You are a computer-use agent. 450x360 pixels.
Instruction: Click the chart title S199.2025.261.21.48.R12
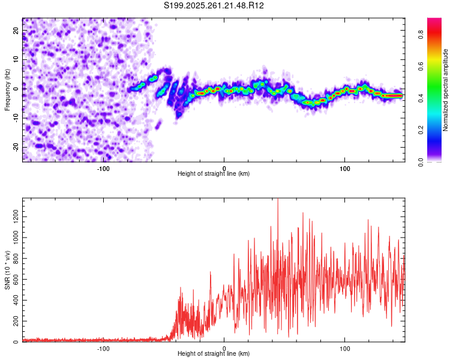(x=214, y=5)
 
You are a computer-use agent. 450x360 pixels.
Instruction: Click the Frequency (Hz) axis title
(x=7, y=89)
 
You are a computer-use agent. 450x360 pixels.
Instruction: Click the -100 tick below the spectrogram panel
(x=103, y=168)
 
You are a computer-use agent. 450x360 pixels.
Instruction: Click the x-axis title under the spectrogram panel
(x=214, y=173)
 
